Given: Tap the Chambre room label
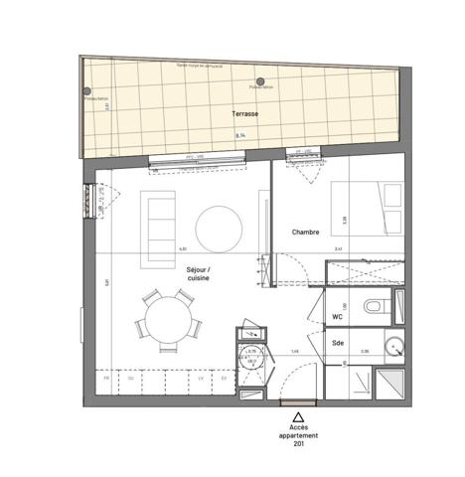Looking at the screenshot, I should click(x=305, y=232).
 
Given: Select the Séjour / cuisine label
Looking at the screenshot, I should click(x=198, y=274).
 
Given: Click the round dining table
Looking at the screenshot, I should click(x=167, y=321).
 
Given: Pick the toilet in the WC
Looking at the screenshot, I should click(x=376, y=306).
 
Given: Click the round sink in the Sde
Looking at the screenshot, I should click(x=394, y=348).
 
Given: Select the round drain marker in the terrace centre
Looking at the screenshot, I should click(x=260, y=82).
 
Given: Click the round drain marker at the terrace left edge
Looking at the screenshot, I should click(x=88, y=92).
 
